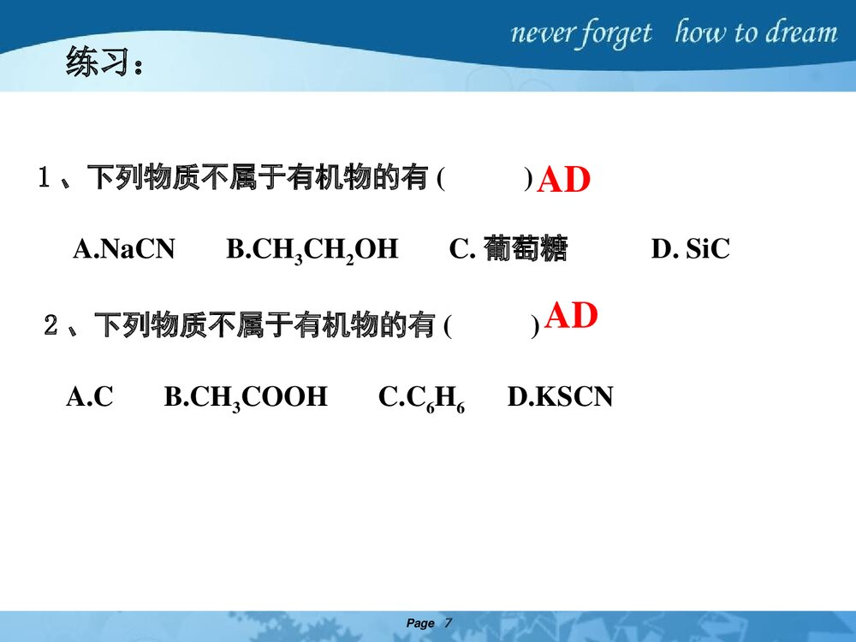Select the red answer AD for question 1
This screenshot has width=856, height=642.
pos(564,181)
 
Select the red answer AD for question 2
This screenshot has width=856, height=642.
pos(571,316)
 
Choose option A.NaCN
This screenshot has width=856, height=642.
pos(124,249)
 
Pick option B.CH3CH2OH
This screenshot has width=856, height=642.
pos(312,250)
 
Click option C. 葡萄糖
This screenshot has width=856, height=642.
pos(508,249)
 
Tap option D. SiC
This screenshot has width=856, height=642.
pos(690,249)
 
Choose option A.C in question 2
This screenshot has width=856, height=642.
pos(90,397)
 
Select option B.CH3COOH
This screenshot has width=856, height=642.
pos(246,398)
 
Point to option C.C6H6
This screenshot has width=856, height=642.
pos(422,398)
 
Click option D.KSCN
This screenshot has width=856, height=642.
pos(561,397)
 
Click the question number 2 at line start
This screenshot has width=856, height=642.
pos(51,326)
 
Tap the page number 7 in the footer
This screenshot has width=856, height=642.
pos(448,623)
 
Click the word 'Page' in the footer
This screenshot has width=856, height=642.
pos(420,623)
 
